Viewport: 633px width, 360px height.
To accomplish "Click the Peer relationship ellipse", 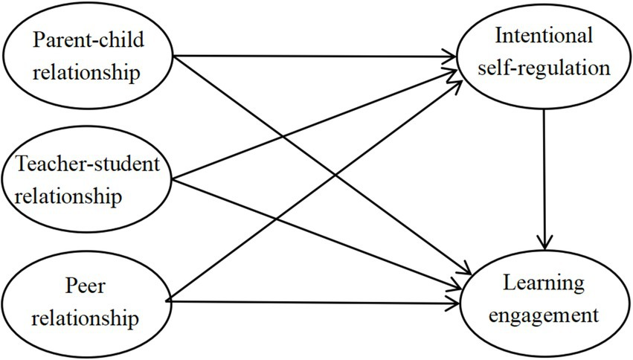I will point(87,301).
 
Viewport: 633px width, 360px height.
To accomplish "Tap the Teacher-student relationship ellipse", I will point(87,178).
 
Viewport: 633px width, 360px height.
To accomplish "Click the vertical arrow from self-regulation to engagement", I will point(547,171).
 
